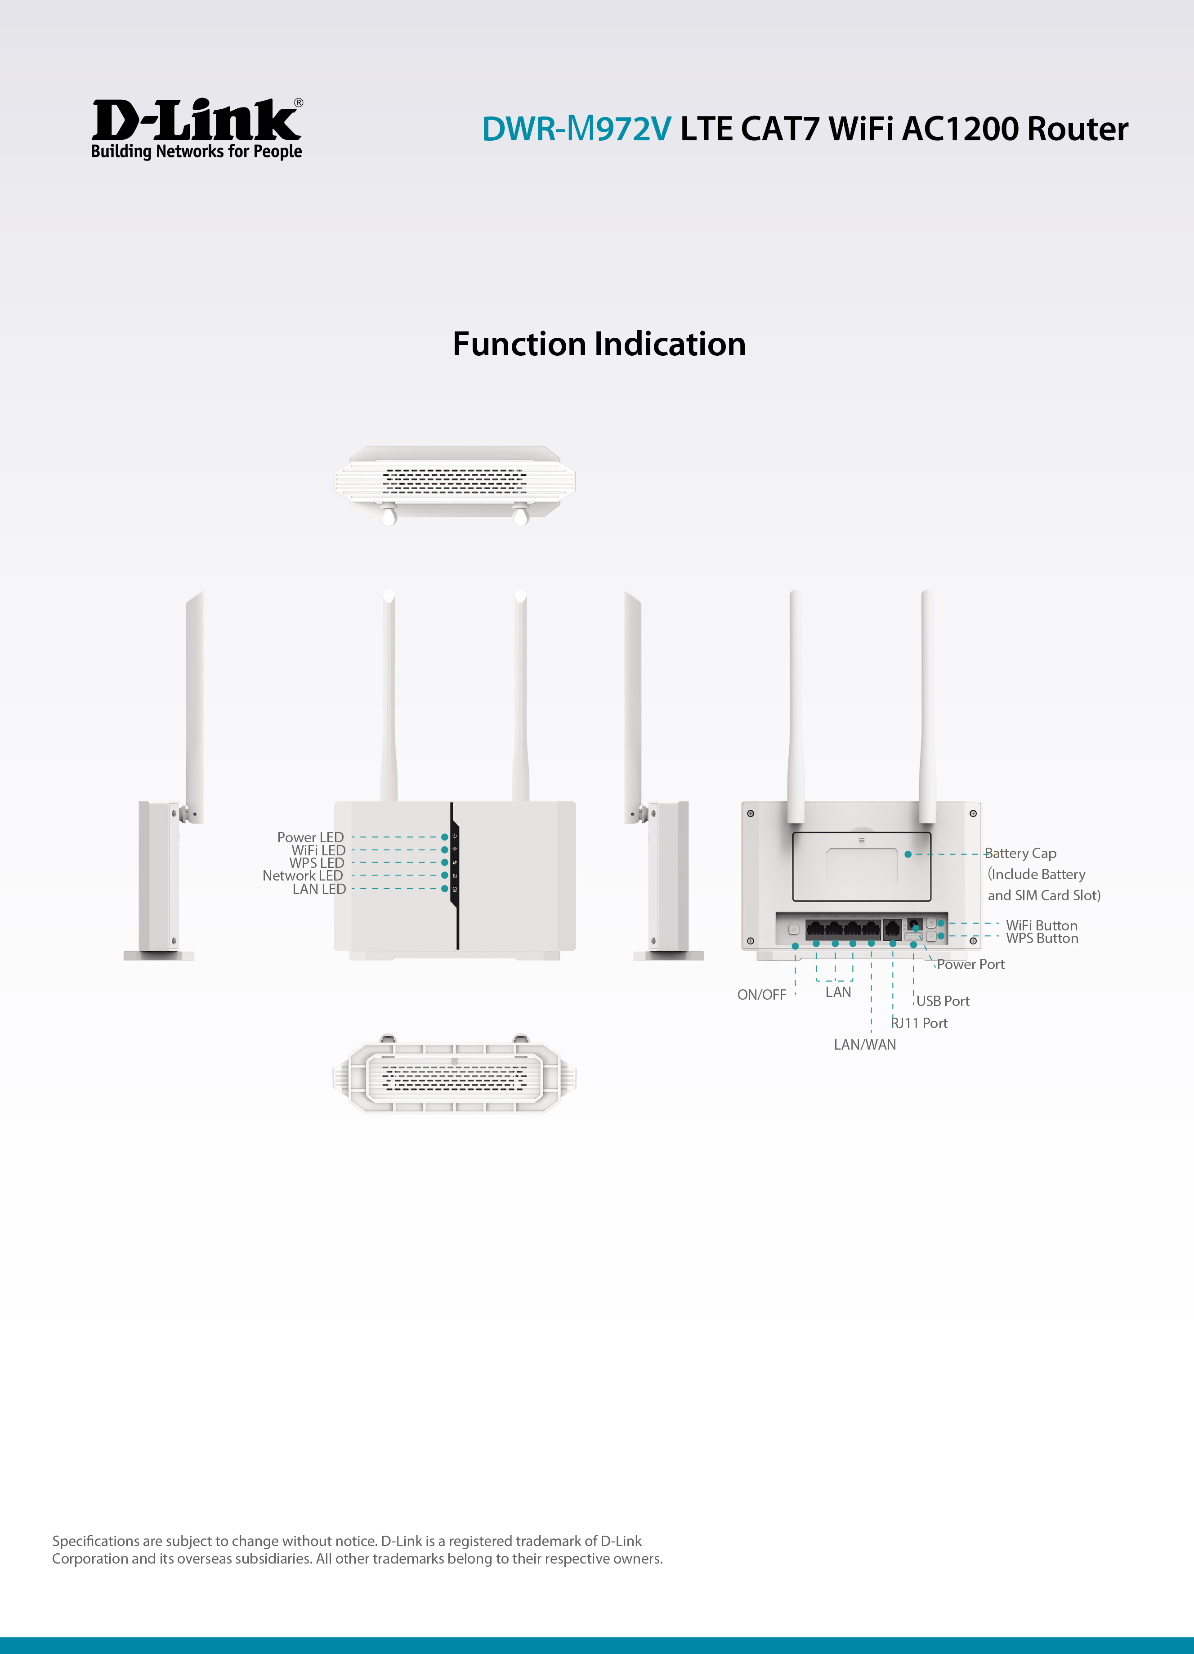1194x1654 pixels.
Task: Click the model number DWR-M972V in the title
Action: click(576, 129)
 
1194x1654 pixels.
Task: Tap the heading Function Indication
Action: click(599, 344)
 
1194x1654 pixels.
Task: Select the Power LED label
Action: click(310, 837)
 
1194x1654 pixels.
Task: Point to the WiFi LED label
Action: click(318, 850)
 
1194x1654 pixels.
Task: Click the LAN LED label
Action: click(319, 889)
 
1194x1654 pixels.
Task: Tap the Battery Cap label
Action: click(1020, 853)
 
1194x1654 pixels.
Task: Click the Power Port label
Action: click(971, 964)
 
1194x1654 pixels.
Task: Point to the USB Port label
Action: click(943, 1001)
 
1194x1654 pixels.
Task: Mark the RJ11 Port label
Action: click(919, 1023)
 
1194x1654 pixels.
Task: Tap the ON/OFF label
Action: click(761, 995)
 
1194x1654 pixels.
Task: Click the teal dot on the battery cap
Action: click(908, 854)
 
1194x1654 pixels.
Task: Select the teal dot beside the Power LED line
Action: click(445, 837)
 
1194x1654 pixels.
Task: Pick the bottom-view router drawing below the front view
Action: click(454, 1073)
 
